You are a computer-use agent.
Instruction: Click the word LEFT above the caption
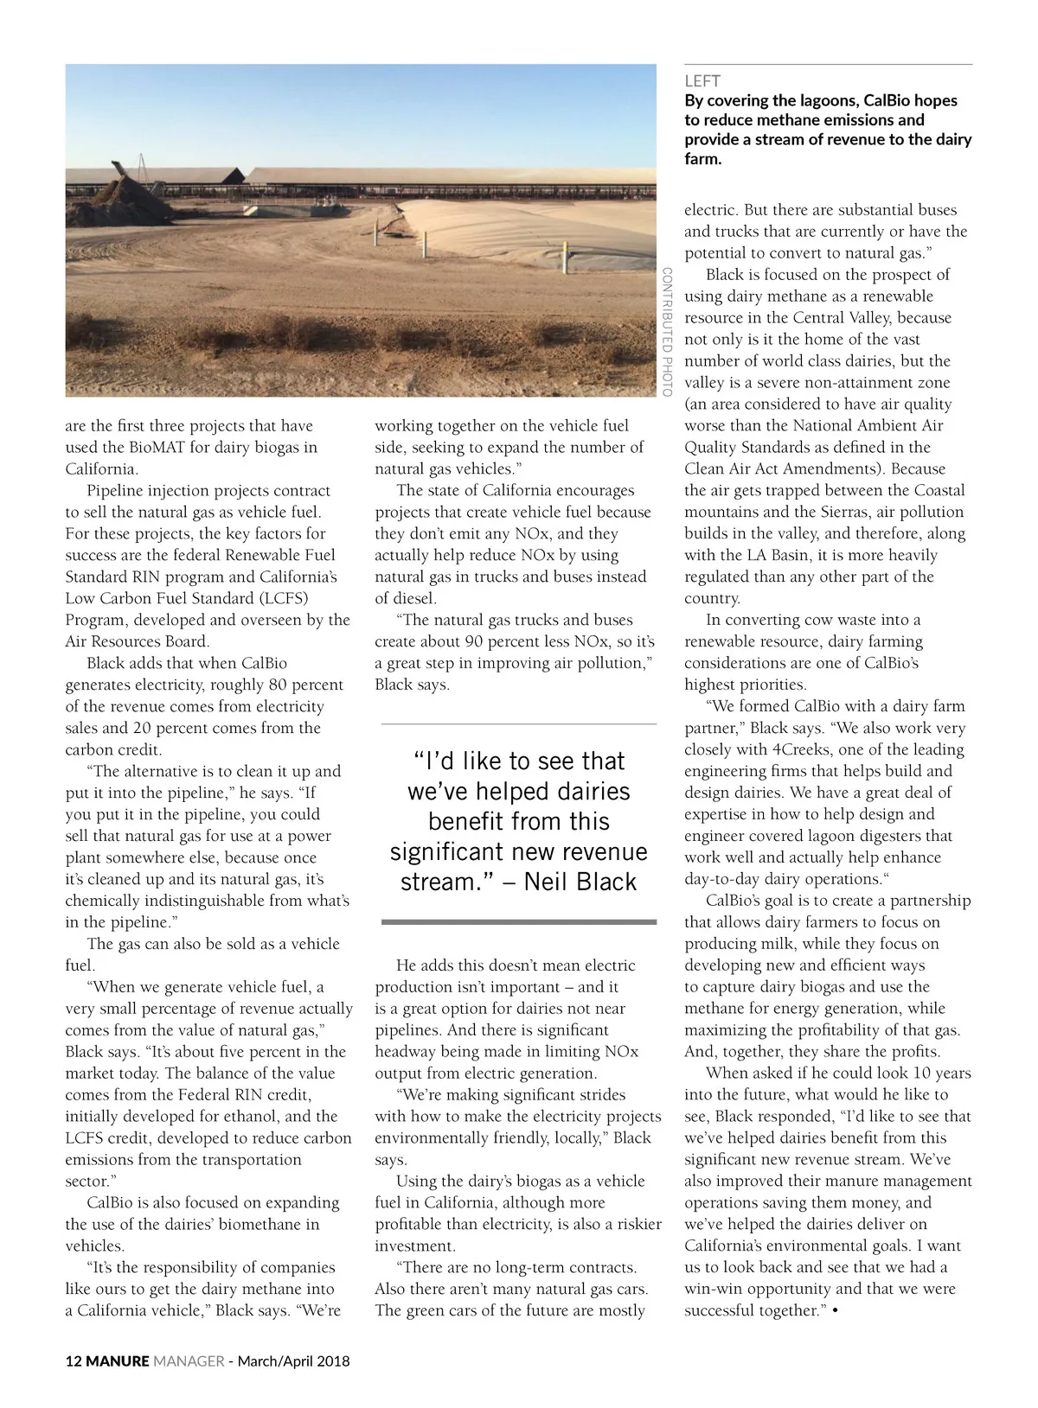coord(702,81)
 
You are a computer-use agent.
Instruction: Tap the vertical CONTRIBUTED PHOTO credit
coord(667,332)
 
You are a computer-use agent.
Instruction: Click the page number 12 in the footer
coord(74,1361)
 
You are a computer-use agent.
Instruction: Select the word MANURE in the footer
coord(118,1361)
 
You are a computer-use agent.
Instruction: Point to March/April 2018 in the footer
coord(294,1361)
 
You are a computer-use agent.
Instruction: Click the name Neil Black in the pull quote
coord(580,882)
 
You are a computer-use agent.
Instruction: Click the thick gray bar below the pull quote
coord(519,922)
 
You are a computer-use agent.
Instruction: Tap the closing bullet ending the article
coord(835,1311)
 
